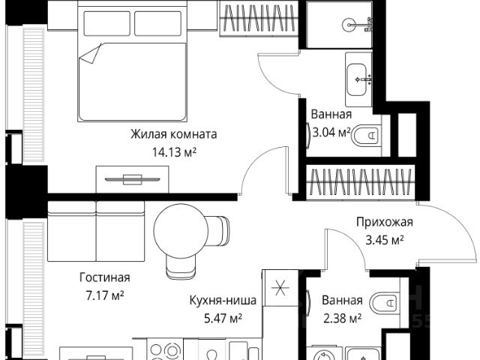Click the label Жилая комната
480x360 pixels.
pos(173,135)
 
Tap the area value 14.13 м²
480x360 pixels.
pos(173,151)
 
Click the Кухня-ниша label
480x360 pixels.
pos(223,301)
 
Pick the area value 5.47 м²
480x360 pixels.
pos(223,317)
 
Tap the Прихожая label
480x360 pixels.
pos(384,223)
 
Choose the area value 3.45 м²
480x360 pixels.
pos(384,240)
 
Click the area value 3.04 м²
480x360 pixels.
pos(331,133)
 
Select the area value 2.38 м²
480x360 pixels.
pos(341,317)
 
